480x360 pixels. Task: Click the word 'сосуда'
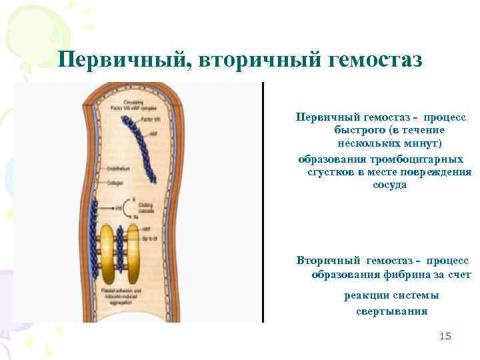point(389,185)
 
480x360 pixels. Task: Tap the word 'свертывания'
point(387,311)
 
